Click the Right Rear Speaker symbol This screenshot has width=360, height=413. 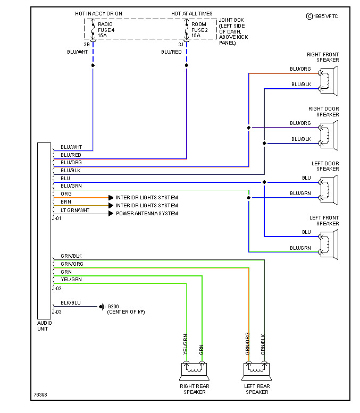[194, 368]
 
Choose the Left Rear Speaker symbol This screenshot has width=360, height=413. [256, 368]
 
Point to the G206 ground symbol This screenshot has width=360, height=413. [101, 307]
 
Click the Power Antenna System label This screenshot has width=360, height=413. [147, 214]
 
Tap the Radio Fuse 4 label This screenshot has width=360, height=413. [106, 30]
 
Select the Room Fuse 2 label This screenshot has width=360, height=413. [199, 30]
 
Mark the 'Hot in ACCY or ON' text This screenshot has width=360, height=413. [99, 13]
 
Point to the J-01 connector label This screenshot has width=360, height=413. [56, 218]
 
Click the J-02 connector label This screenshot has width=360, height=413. [56, 289]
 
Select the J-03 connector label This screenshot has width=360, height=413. [56, 312]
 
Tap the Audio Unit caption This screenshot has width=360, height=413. [44, 325]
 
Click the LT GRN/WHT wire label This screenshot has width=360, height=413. [75, 210]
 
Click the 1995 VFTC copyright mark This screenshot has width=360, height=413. [322, 16]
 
